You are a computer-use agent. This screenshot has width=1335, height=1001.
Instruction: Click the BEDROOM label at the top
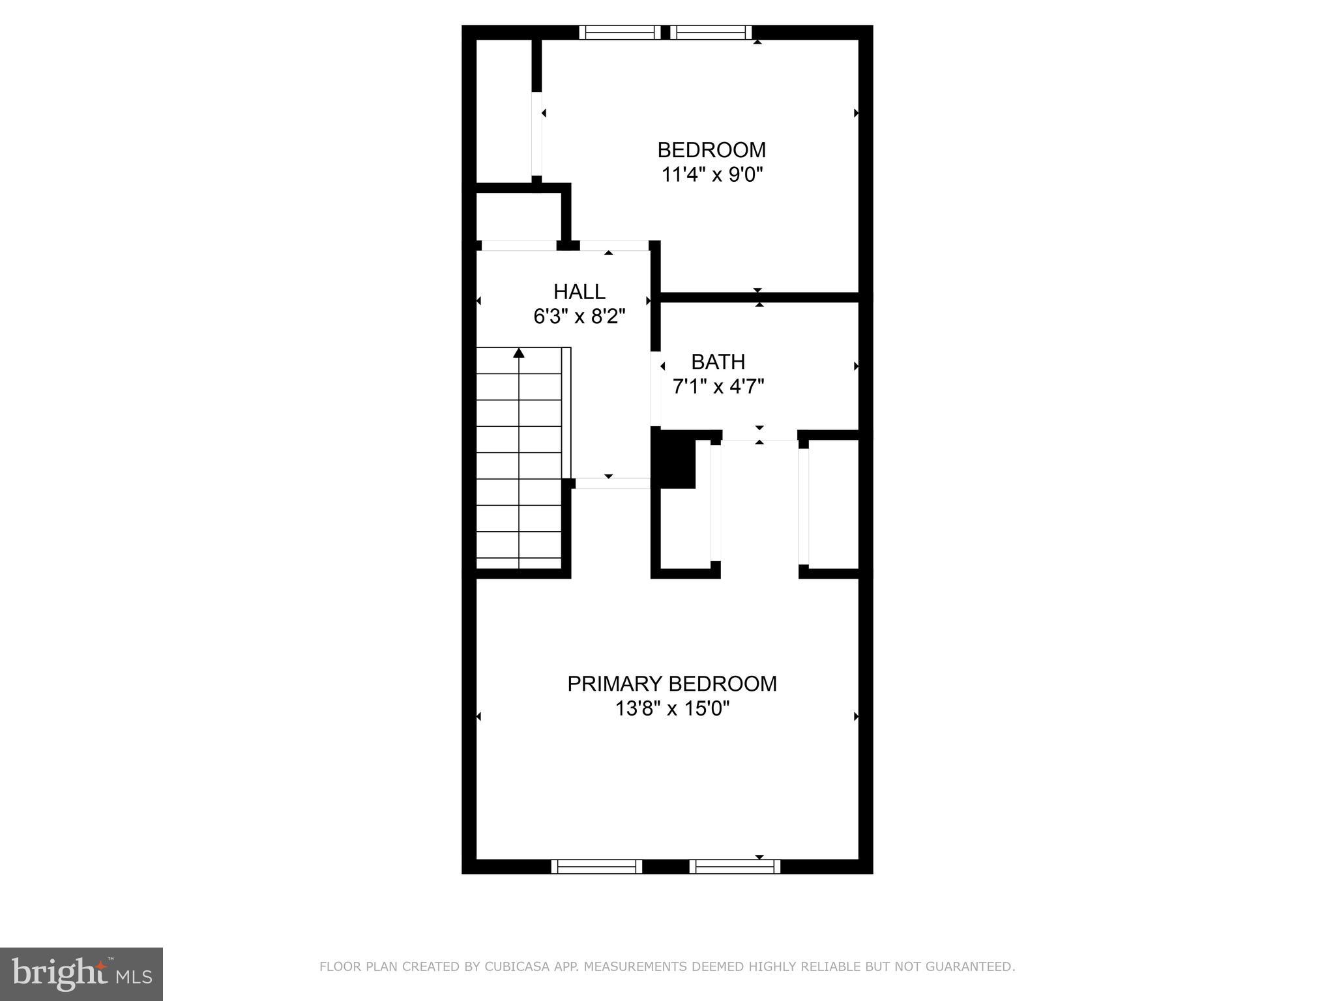click(x=711, y=150)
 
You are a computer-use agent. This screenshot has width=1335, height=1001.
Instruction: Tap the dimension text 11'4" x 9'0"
click(x=712, y=175)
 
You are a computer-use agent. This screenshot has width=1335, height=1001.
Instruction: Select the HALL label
click(x=579, y=291)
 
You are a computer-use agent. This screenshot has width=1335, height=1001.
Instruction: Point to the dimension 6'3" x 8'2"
click(x=579, y=317)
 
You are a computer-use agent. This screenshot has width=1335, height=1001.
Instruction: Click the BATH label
click(x=718, y=362)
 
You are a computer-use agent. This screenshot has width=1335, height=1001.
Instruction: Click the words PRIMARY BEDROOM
click(x=671, y=684)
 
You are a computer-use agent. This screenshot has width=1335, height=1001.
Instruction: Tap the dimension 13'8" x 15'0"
click(x=671, y=708)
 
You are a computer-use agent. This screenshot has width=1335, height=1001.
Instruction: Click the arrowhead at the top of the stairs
click(x=519, y=353)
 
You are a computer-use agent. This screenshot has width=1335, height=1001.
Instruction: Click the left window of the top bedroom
click(x=620, y=33)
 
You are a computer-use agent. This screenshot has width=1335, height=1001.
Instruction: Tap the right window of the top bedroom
click(x=711, y=33)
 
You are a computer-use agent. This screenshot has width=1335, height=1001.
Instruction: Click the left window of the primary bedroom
click(x=596, y=866)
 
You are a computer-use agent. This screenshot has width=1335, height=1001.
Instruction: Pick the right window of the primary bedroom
click(x=735, y=866)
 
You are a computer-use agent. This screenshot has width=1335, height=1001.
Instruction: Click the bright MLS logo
click(x=81, y=974)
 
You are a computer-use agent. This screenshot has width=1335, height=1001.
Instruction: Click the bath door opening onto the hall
click(x=656, y=389)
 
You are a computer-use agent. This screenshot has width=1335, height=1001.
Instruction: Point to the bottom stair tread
click(x=519, y=564)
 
